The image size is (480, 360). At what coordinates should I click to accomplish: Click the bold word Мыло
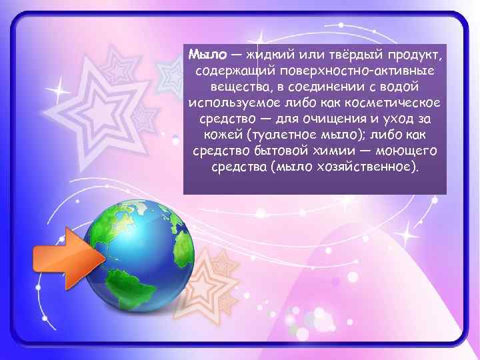pyautogui.click(x=205, y=53)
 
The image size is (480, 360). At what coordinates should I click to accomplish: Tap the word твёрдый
pyautogui.click(x=350, y=53)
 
